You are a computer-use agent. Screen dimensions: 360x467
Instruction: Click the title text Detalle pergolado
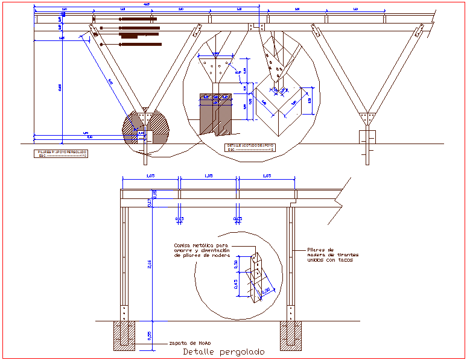click(x=223, y=352)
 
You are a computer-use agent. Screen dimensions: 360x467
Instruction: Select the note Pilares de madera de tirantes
click(x=329, y=254)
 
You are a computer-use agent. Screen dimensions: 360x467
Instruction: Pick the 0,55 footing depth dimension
click(x=149, y=335)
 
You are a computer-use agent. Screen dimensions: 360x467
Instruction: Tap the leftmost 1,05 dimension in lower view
click(x=150, y=175)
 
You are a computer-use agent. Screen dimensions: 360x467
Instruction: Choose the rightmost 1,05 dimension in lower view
click(x=266, y=175)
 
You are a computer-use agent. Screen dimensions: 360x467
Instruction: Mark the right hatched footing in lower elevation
click(x=291, y=336)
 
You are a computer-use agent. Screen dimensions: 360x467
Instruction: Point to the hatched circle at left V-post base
click(x=145, y=128)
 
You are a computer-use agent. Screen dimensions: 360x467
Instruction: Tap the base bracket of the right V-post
click(x=367, y=116)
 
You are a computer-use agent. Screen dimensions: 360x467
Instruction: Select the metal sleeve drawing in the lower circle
click(x=259, y=277)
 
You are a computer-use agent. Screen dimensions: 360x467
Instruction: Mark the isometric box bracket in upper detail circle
click(x=281, y=109)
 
